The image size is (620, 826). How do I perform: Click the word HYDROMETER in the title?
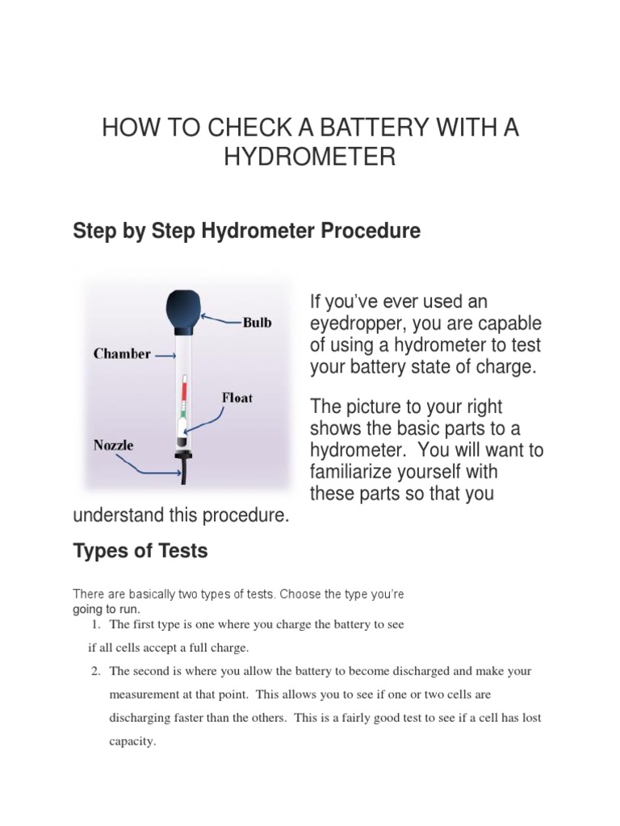coord(309,156)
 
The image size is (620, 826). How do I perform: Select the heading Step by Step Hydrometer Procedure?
coord(246,231)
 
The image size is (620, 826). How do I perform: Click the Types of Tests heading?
coord(140,551)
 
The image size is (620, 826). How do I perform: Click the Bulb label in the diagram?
coord(257,323)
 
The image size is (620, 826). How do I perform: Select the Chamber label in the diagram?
coord(121,353)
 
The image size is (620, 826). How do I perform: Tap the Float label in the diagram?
coord(237,398)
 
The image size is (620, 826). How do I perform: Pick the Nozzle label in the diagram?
coord(113,444)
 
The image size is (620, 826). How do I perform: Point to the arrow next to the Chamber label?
coord(165,354)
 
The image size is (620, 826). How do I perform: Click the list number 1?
coord(98,624)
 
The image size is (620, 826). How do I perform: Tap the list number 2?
coord(98,671)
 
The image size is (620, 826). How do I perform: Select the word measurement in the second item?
coord(142,695)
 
